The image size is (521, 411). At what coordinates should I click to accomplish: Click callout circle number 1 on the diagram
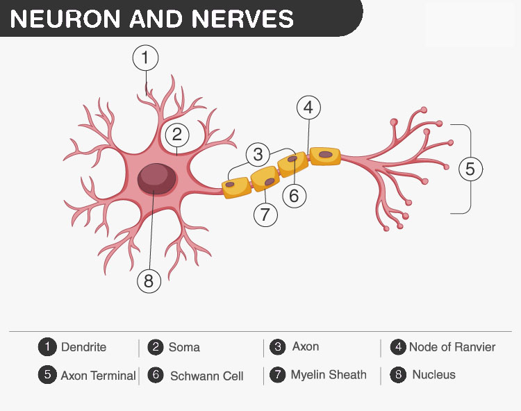point(145,58)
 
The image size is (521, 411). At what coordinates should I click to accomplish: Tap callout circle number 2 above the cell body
point(177,134)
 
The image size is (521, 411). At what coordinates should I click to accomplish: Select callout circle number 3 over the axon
point(258,154)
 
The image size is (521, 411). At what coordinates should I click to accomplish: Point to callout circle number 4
point(308,108)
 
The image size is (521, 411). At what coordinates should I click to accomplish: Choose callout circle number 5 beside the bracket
point(470,169)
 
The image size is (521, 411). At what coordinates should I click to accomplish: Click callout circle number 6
point(294,196)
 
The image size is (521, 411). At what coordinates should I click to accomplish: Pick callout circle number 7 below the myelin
point(265,215)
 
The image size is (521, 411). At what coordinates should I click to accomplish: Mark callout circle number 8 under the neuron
point(148,280)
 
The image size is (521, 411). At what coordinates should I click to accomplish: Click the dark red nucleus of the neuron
point(157,179)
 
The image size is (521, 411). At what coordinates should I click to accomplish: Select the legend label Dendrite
point(83,347)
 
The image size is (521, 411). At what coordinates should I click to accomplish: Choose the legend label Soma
point(184,347)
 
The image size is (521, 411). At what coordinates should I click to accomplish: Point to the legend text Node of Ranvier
point(452,347)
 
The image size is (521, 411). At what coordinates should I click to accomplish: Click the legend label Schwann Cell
point(206,376)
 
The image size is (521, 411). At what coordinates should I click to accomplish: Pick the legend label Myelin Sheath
point(328,375)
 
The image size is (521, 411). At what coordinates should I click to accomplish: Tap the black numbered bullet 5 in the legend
point(47,375)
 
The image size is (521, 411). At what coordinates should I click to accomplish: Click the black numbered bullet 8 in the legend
point(398,375)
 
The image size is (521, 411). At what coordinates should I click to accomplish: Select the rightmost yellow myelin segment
point(324,156)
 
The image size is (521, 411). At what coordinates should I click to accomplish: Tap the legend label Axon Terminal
point(98,376)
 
